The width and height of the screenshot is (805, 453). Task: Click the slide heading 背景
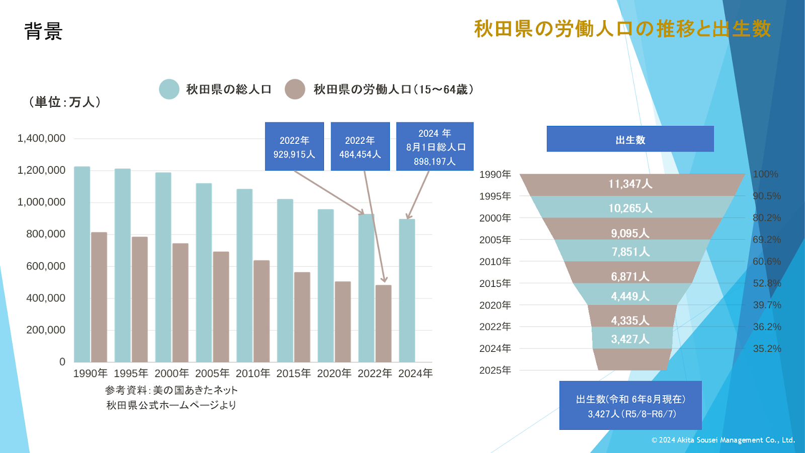point(43,31)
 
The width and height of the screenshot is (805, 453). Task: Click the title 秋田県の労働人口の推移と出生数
point(622,29)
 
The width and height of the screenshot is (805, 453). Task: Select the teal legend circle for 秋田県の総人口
point(169,89)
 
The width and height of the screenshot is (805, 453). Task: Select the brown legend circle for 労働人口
point(295,89)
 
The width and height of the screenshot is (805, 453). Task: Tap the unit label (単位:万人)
point(64,102)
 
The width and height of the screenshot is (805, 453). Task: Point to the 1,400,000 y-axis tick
point(41,138)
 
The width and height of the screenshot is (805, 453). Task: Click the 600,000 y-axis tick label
point(45,266)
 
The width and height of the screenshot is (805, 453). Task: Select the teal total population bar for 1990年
point(82,264)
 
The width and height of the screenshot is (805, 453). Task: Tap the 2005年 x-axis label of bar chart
point(212,373)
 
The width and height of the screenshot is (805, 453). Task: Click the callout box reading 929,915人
point(294,146)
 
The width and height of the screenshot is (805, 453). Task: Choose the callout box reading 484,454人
point(360,146)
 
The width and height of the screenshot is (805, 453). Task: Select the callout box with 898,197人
point(435,146)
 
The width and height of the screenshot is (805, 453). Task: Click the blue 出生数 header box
point(630,139)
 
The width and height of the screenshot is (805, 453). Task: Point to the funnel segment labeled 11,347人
point(630,184)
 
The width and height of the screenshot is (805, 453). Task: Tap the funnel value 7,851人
point(630,252)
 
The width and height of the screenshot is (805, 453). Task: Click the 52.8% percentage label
point(767,283)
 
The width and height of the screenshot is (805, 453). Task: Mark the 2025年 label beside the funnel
point(495,370)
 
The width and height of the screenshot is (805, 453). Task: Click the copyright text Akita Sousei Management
point(723,440)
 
